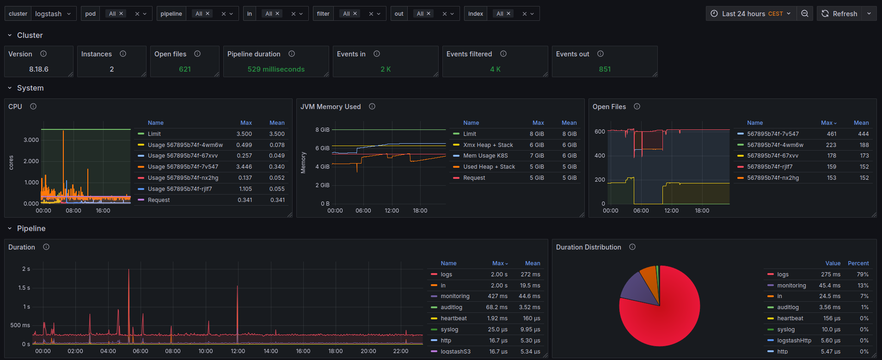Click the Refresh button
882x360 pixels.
(x=840, y=14)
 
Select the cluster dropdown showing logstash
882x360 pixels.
(x=52, y=14)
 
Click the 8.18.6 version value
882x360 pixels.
(x=39, y=69)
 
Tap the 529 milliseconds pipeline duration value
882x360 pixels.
(x=276, y=69)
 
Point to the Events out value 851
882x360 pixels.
(x=605, y=69)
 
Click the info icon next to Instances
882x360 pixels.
(x=123, y=54)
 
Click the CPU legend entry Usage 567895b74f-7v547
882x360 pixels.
(x=183, y=167)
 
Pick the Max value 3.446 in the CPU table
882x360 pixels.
(x=244, y=167)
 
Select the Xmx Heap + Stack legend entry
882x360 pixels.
(x=488, y=145)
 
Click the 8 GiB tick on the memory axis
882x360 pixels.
(x=322, y=130)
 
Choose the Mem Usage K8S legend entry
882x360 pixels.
(x=485, y=156)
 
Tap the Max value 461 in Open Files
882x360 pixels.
(x=832, y=134)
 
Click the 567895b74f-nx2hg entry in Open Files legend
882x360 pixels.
(x=772, y=178)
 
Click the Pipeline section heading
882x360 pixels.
(x=31, y=229)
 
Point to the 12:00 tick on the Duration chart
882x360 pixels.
(x=238, y=351)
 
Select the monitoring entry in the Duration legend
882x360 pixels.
(x=455, y=296)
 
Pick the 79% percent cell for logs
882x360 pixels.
(x=863, y=275)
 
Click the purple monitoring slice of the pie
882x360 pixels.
(x=638, y=289)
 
